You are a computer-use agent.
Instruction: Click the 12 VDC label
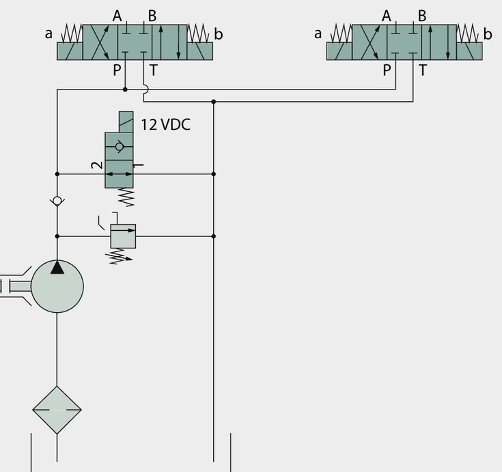(165, 124)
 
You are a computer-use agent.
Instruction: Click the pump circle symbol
(57, 286)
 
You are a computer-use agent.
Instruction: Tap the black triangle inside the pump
(57, 267)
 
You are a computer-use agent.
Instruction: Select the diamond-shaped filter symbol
(57, 410)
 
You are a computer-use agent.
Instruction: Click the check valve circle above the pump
(57, 201)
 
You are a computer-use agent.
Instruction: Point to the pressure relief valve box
(123, 236)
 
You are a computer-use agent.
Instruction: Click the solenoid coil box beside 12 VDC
(126, 122)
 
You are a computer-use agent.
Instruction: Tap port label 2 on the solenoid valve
(97, 165)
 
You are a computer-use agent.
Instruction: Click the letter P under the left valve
(117, 70)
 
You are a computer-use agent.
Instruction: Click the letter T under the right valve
(423, 70)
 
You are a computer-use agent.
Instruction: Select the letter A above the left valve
(117, 16)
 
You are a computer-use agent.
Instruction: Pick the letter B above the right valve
(422, 16)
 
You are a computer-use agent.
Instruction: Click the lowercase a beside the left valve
(48, 33)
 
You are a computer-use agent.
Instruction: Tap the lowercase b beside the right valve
(488, 33)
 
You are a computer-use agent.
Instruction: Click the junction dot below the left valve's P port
(125, 89)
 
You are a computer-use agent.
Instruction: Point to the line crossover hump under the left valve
(146, 89)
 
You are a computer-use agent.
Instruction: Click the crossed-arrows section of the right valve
(369, 42)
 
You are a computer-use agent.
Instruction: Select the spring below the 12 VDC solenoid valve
(126, 197)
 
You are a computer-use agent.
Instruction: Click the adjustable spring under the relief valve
(120, 256)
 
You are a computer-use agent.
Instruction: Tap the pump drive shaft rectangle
(20, 286)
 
